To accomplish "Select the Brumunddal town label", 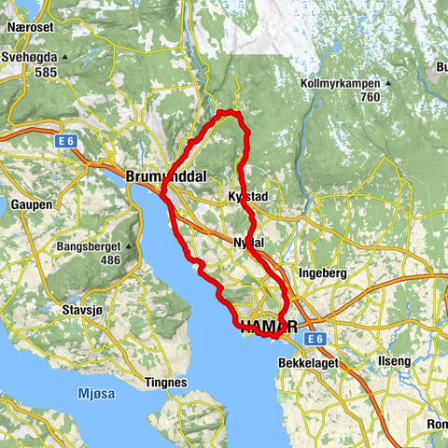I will (x=163, y=175).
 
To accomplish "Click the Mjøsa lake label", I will (x=95, y=394).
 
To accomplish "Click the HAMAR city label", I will (x=270, y=327).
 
